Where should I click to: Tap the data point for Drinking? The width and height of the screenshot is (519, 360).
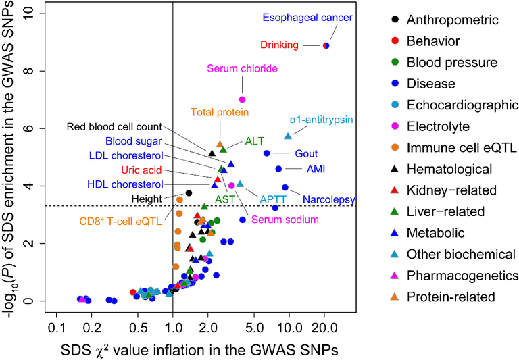326,45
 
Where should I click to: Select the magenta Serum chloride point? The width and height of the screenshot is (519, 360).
243,99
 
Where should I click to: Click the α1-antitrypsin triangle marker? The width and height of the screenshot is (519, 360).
288,136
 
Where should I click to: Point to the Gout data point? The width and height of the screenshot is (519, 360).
266,153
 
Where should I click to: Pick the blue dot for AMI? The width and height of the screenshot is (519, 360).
278,168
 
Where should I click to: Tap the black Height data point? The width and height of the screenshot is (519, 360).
189,193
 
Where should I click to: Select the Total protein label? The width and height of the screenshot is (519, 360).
217,112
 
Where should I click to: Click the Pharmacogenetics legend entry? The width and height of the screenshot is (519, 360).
462,275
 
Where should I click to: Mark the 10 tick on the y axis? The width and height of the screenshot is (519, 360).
39,14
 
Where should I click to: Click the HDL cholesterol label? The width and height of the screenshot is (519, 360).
126,184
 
